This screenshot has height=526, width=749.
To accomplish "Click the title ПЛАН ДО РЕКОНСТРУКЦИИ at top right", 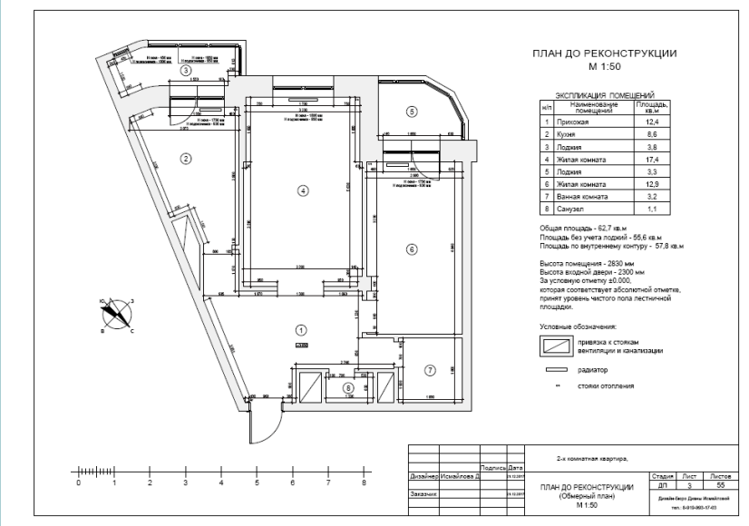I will click(x=604, y=54).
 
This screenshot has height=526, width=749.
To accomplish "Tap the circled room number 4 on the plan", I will click(x=304, y=190).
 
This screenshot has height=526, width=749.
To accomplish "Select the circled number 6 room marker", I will click(x=411, y=249).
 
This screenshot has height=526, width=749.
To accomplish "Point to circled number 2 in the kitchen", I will click(x=186, y=159).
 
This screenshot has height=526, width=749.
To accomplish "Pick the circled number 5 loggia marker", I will click(x=411, y=112).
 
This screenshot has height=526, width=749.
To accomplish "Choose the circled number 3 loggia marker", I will click(x=185, y=70).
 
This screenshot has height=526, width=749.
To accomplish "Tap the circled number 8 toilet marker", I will click(x=347, y=387).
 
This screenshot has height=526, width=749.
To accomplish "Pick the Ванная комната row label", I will click(x=590, y=196).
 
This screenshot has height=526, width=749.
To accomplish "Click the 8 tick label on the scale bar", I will click(x=364, y=484).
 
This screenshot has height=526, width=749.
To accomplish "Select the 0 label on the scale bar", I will click(x=78, y=484).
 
